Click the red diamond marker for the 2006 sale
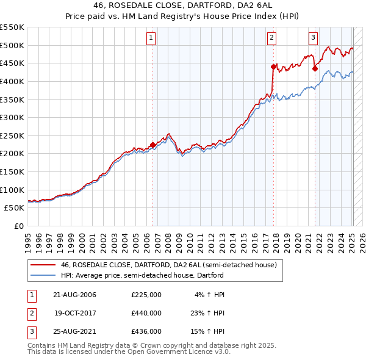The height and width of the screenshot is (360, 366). (x=152, y=145)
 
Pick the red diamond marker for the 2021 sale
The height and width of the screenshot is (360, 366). (x=315, y=68)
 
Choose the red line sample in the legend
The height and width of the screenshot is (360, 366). (x=43, y=265)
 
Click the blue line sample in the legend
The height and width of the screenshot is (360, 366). (x=43, y=275)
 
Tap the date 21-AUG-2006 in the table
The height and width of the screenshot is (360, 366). (x=74, y=294)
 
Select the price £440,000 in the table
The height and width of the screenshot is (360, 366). (x=146, y=313)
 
